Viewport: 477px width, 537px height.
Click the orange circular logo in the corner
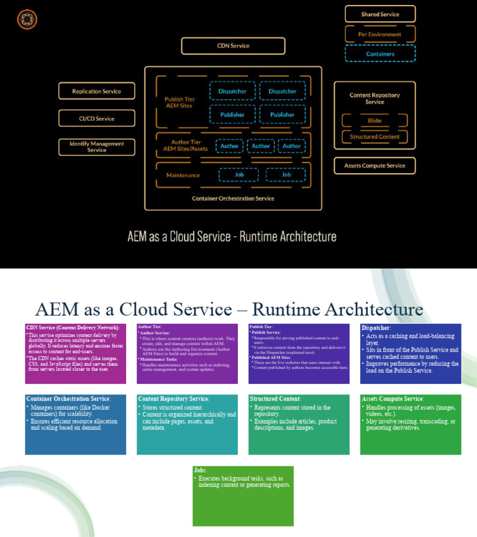27,20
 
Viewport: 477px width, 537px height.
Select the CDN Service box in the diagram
233,46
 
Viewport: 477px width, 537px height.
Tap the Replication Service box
96,91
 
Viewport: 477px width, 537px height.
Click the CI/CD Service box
96,118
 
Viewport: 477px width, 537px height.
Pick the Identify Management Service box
96,146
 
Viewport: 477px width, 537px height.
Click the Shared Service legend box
380,14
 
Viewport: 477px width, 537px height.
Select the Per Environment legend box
380,34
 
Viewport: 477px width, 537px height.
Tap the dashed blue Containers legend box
380,54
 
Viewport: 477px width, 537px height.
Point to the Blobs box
375,120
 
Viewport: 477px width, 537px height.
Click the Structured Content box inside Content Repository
375,136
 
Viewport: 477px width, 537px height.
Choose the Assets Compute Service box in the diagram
375,166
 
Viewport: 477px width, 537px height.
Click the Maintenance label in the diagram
183,175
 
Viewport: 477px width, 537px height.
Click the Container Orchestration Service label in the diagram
233,198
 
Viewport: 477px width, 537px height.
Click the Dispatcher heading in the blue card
376,327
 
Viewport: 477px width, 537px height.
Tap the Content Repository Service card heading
174,399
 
